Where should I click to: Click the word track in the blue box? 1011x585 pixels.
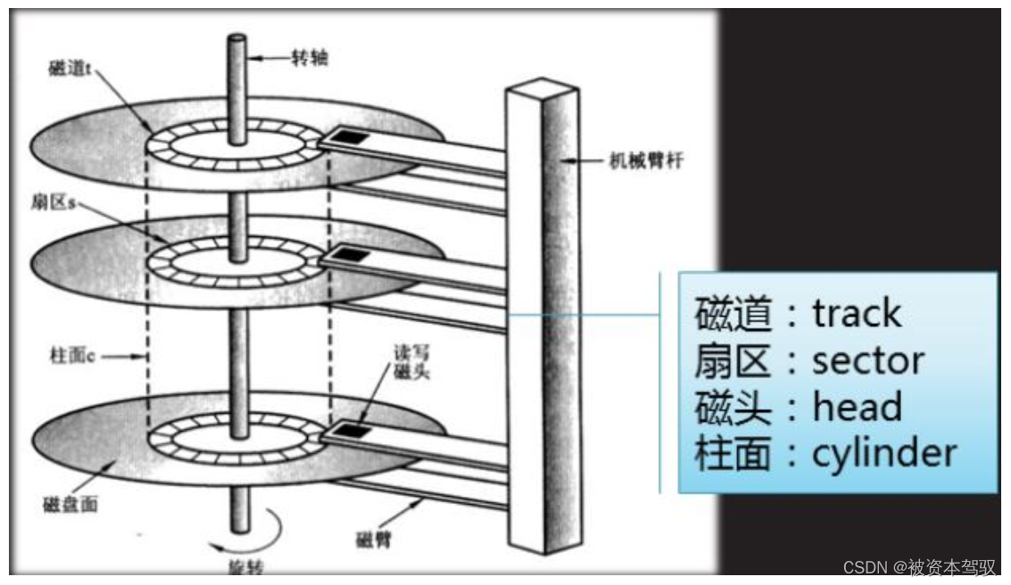tap(857, 313)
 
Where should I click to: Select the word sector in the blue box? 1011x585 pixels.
tap(868, 359)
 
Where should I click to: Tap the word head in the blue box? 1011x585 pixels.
tap(857, 407)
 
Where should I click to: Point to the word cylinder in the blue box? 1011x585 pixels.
tap(884, 453)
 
